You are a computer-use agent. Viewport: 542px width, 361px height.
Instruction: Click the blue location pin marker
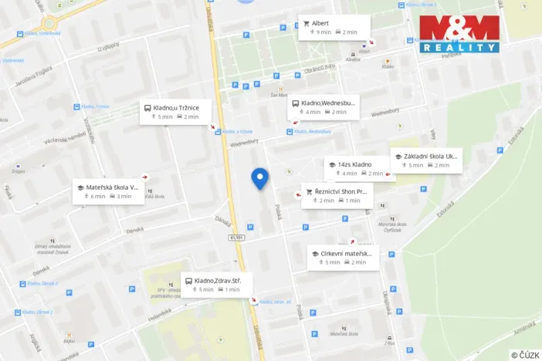260,178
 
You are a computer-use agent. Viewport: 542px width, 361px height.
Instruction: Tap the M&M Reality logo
459,34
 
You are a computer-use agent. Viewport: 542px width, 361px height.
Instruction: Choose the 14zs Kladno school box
357,169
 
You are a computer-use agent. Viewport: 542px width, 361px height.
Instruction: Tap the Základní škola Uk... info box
427,160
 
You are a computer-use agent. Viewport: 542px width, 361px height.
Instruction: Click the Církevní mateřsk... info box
343,258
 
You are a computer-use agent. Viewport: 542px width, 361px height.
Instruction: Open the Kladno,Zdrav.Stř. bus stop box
215,285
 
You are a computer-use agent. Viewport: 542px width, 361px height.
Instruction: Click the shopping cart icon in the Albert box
307,23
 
